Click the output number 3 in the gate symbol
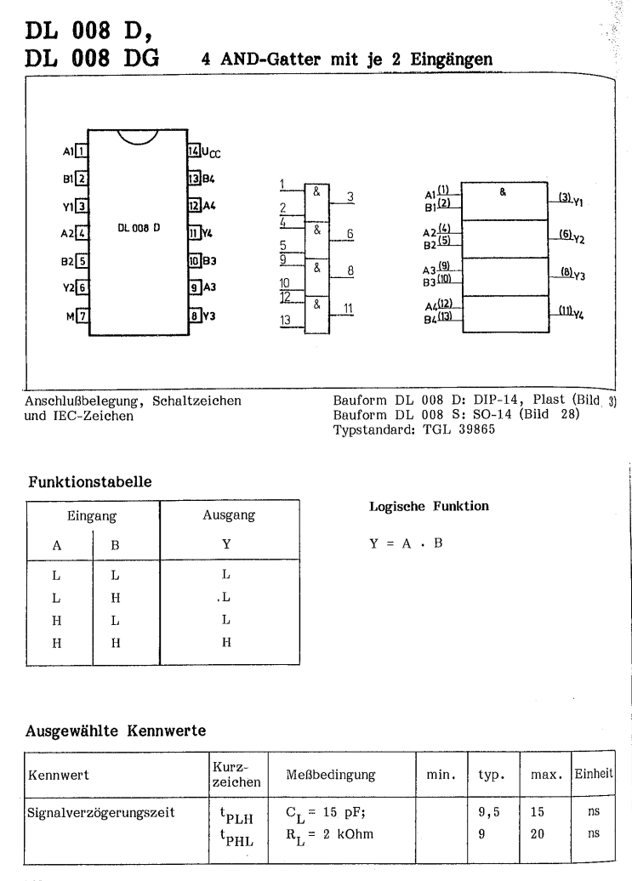click(349, 196)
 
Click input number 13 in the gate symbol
click(287, 320)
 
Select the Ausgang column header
click(231, 515)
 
